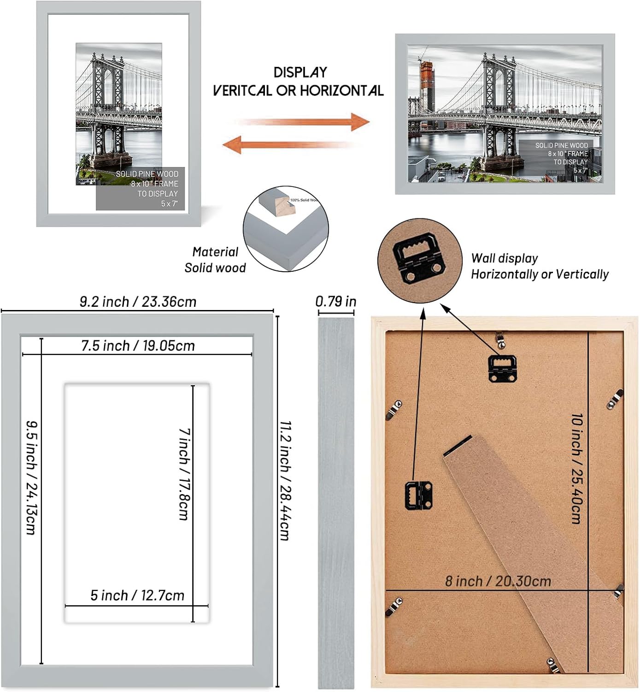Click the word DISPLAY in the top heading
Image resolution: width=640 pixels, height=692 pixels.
click(x=300, y=72)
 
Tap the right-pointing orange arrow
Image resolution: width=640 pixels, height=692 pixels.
click(x=305, y=122)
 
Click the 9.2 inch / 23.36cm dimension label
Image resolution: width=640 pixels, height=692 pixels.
click(x=138, y=302)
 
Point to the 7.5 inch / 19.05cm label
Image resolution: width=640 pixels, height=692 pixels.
click(x=138, y=346)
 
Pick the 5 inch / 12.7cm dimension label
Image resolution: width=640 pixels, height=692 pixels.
click(x=137, y=596)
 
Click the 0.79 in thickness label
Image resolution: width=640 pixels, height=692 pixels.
click(x=336, y=301)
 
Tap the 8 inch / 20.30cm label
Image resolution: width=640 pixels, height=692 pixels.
click(x=498, y=581)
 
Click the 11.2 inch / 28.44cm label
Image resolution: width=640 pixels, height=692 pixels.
click(x=285, y=480)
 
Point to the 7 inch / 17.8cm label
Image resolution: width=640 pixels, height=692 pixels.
click(x=184, y=474)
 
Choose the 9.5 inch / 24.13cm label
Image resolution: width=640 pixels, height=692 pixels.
click(x=31, y=477)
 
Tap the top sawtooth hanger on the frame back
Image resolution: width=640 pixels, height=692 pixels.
click(x=502, y=368)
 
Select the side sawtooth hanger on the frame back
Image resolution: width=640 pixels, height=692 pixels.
click(x=418, y=495)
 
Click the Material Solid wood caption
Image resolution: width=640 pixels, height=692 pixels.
click(x=215, y=260)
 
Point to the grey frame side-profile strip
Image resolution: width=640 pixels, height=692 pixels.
click(x=336, y=503)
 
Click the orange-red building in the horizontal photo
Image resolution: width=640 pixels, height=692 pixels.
click(x=427, y=88)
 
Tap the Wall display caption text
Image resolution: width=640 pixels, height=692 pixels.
click(x=540, y=266)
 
